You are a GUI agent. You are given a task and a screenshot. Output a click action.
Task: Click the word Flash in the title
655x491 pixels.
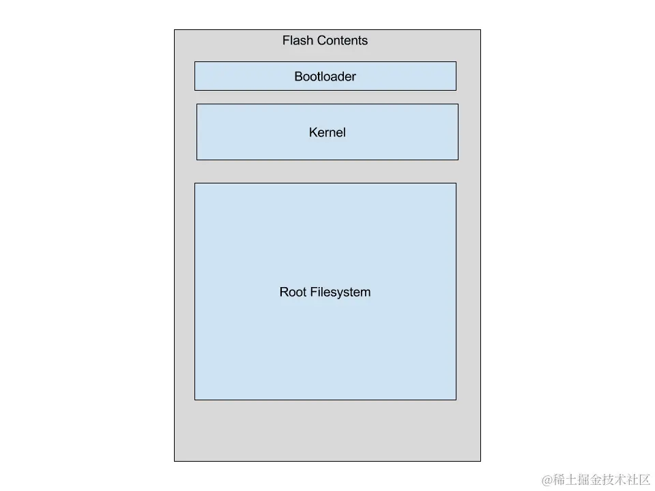(x=297, y=41)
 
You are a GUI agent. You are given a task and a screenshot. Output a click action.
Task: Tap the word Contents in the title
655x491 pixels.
(x=341, y=41)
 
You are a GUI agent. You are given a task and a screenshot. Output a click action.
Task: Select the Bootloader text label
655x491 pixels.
(x=325, y=76)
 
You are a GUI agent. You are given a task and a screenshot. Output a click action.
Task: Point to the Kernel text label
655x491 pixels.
(x=327, y=132)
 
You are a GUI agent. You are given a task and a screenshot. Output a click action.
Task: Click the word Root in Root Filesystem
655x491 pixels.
(x=293, y=293)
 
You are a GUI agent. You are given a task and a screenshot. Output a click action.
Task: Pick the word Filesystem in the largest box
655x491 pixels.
(x=340, y=293)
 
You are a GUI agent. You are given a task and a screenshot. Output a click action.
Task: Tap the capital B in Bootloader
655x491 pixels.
(x=298, y=76)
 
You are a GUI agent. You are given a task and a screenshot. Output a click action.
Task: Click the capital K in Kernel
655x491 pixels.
(x=313, y=132)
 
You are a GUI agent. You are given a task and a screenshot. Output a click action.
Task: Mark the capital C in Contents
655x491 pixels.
(x=319, y=41)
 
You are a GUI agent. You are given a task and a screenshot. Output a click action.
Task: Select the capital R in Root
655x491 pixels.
(x=284, y=293)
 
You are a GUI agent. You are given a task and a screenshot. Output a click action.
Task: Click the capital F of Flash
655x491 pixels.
(x=286, y=41)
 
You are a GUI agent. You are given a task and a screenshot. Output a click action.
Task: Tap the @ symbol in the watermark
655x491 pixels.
(x=547, y=480)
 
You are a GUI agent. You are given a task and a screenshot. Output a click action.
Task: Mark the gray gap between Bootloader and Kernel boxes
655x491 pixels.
(x=326, y=97)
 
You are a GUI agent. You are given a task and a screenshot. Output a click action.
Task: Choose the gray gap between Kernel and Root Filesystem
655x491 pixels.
(x=326, y=171)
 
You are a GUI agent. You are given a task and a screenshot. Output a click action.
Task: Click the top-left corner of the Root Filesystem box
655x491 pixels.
(x=195, y=183)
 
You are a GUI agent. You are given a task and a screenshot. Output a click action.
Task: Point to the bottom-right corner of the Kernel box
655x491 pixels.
(x=458, y=160)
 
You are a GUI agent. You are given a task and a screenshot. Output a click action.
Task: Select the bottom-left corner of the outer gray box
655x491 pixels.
(x=175, y=461)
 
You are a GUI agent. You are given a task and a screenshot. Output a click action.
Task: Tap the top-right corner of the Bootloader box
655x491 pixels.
(x=456, y=62)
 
